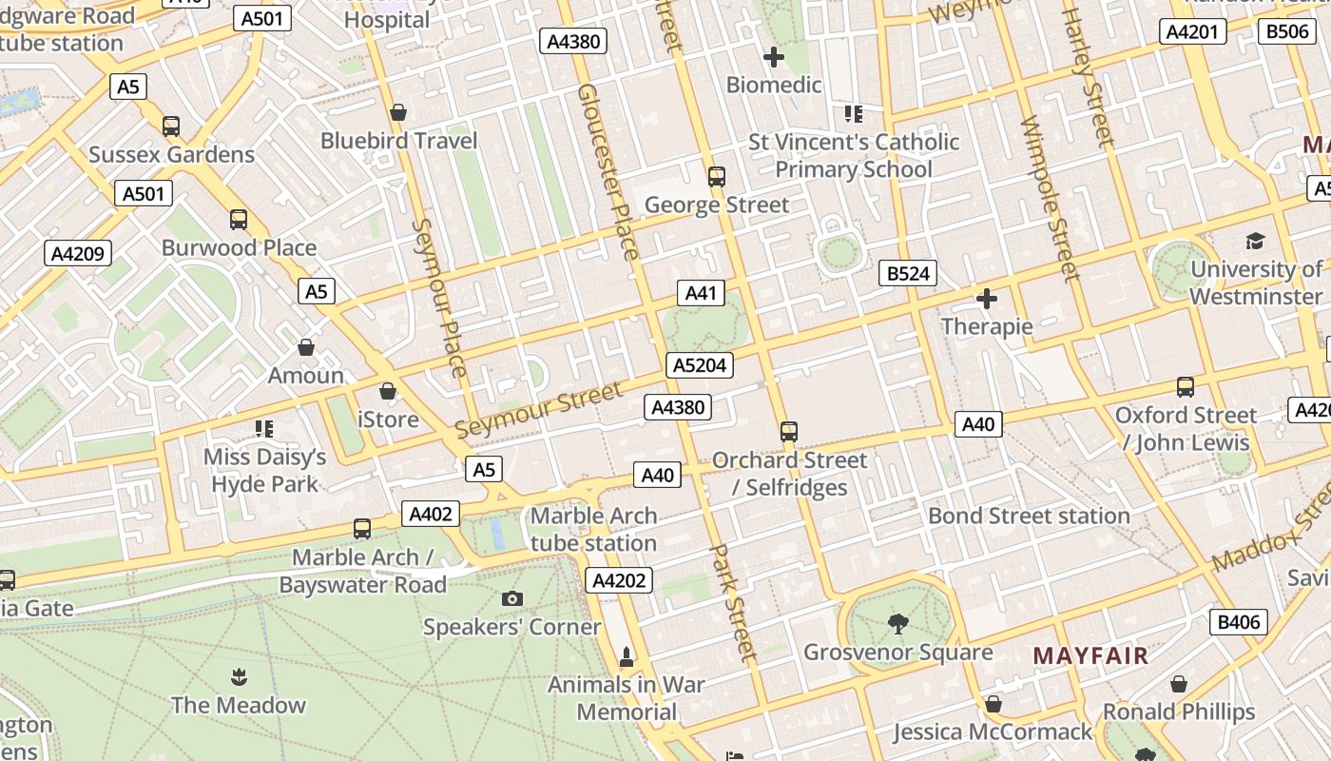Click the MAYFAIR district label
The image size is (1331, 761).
(x=1090, y=655)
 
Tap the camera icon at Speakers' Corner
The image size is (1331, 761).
(x=512, y=598)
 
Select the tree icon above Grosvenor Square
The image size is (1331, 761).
(x=897, y=624)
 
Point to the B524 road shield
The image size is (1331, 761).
(x=907, y=274)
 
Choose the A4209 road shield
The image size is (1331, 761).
(x=78, y=254)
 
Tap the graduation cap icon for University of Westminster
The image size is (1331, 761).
(x=1255, y=241)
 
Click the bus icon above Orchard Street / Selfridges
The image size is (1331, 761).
(x=788, y=432)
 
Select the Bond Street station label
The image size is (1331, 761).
(x=1029, y=516)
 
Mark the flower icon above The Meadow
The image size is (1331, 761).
(x=238, y=677)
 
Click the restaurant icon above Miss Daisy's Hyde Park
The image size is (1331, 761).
(x=263, y=429)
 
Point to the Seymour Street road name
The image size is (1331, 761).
(x=539, y=409)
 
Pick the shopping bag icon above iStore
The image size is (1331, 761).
(x=387, y=391)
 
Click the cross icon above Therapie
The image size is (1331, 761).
(x=987, y=299)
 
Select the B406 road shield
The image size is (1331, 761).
(x=1238, y=622)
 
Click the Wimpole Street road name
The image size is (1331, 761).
(x=1050, y=200)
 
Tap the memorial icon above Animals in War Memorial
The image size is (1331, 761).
(x=627, y=656)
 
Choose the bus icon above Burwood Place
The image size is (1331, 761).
(x=239, y=220)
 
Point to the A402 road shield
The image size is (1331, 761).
(x=430, y=515)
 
